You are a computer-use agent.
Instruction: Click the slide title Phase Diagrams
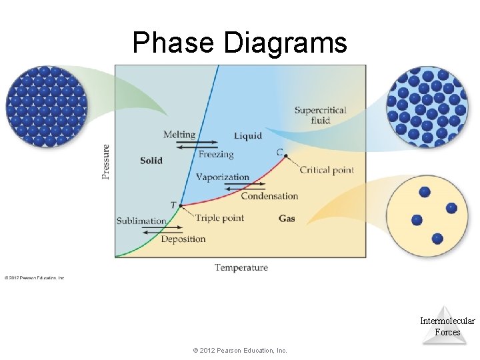click(239, 43)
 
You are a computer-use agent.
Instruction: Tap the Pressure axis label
click(106, 161)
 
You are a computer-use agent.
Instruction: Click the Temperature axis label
click(241, 267)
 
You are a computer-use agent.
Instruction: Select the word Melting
click(179, 135)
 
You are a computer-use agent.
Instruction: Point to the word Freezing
click(216, 155)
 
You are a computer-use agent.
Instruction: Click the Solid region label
click(151, 161)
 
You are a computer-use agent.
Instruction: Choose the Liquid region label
click(247, 136)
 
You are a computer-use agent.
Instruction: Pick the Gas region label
click(287, 219)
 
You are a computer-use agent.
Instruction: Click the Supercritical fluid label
click(320, 115)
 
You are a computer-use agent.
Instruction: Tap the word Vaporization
click(222, 177)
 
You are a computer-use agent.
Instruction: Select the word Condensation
click(269, 196)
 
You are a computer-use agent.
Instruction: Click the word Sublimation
click(141, 221)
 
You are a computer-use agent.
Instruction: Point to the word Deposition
click(183, 239)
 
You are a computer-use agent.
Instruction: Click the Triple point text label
click(219, 218)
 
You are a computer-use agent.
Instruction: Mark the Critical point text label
click(327, 170)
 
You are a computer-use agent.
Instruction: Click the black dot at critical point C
click(285, 156)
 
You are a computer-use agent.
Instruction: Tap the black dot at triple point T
click(181, 205)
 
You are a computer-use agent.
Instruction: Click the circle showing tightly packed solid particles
click(46, 106)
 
